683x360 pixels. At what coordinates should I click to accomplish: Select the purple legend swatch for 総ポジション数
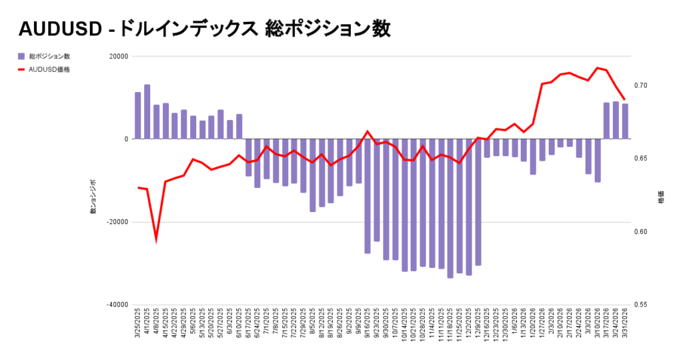21,57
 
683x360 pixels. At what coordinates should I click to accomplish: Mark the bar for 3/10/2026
598,160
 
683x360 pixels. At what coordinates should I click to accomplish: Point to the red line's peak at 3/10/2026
598,68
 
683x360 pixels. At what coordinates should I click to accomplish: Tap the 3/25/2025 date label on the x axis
138,323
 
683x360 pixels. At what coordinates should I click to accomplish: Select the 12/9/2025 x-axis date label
478,323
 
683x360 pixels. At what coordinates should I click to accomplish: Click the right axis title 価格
661,198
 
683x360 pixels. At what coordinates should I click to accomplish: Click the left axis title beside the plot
93,197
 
